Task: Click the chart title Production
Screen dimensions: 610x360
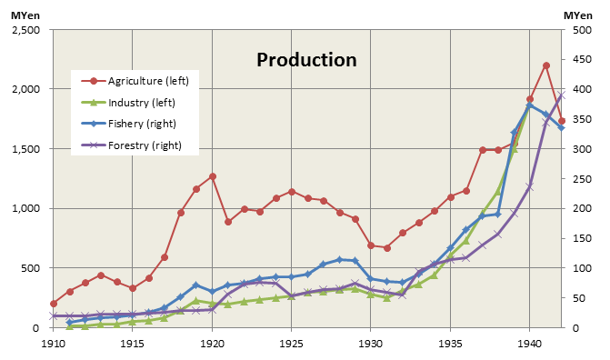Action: pyautogui.click(x=306, y=60)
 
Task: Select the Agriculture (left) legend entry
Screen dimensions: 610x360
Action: pyautogui.click(x=135, y=81)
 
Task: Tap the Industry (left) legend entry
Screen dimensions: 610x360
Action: pyautogui.click(x=128, y=103)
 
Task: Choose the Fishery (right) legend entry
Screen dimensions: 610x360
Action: pyautogui.click(x=128, y=124)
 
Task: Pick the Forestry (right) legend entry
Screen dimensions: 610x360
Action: pyautogui.click(x=131, y=145)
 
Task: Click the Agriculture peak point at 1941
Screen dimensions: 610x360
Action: pyautogui.click(x=545, y=65)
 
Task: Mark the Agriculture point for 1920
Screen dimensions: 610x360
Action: pyautogui.click(x=213, y=176)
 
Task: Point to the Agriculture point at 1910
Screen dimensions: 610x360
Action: pyautogui.click(x=54, y=304)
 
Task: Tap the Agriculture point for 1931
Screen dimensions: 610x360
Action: pyautogui.click(x=387, y=248)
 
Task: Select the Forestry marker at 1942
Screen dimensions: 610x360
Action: pyautogui.click(x=562, y=95)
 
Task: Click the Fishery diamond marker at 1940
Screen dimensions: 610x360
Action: pyautogui.click(x=529, y=105)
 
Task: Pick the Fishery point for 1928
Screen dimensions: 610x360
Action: pyautogui.click(x=339, y=260)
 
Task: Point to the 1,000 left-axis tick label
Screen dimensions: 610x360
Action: pyautogui.click(x=26, y=208)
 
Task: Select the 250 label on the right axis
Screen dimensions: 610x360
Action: pyautogui.click(x=582, y=179)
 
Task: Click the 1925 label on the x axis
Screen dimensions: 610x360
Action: pyautogui.click(x=291, y=344)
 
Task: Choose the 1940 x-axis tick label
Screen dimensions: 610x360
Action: pyautogui.click(x=529, y=344)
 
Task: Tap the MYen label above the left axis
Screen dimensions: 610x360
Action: pyautogui.click(x=25, y=15)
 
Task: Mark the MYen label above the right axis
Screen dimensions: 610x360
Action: pyautogui.click(x=578, y=15)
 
